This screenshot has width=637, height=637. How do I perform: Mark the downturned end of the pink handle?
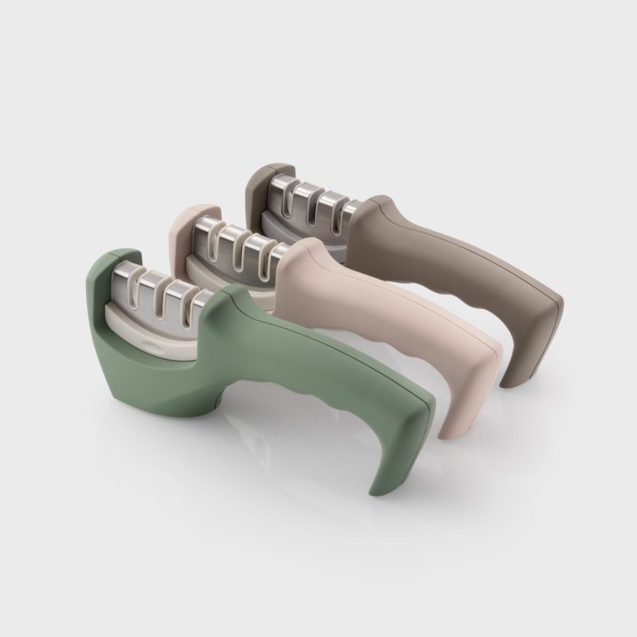coord(466,406)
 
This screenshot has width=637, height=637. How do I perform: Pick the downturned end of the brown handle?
coord(530,350)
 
